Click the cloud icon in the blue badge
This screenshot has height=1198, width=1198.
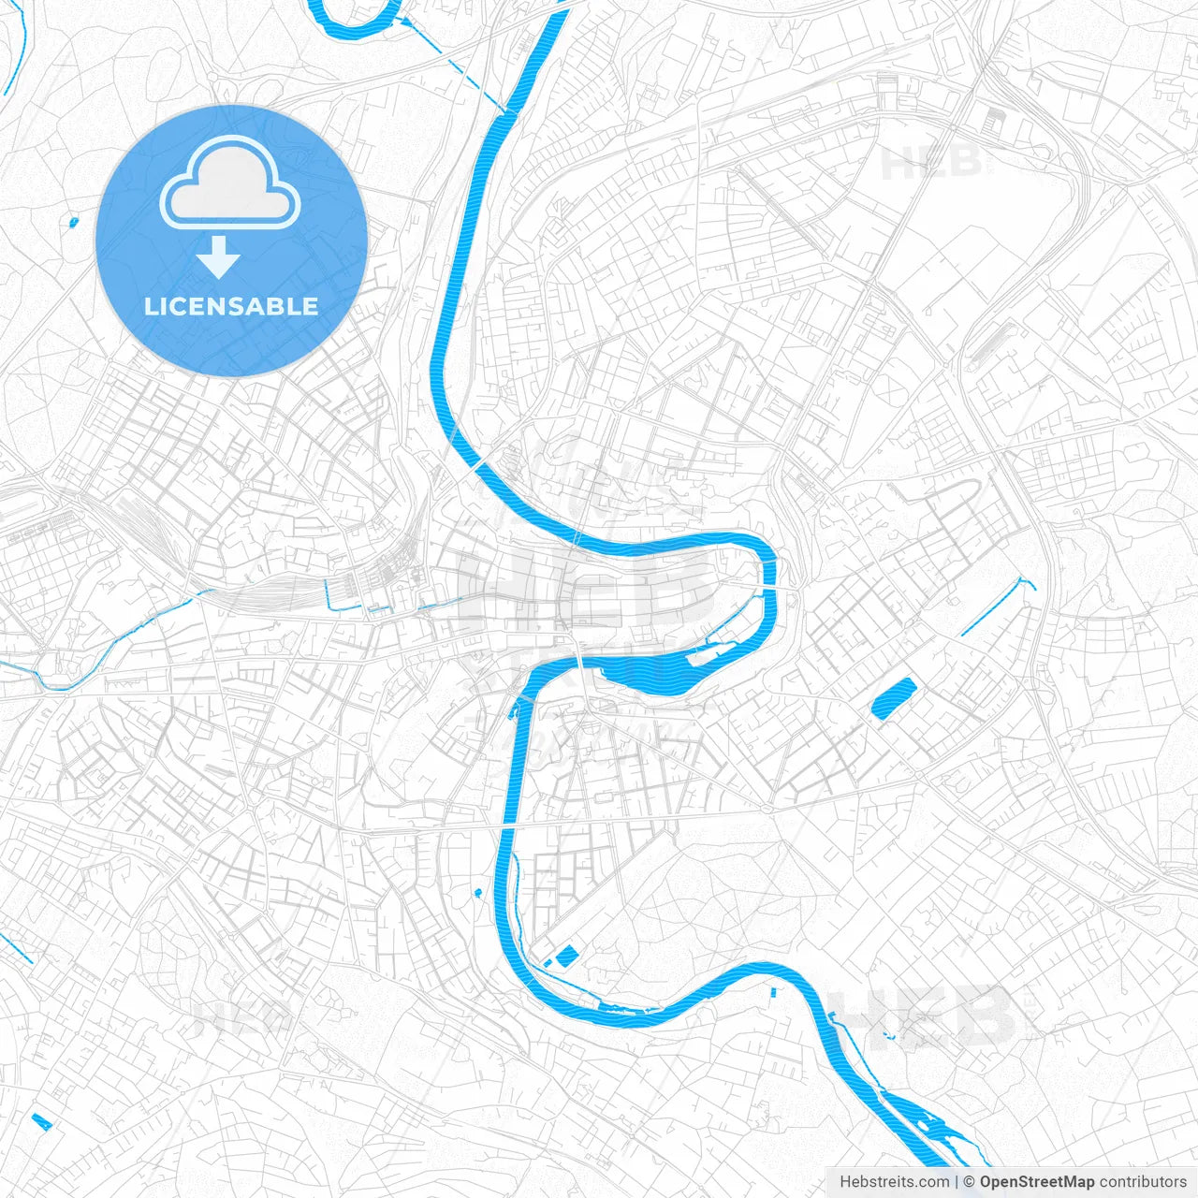point(230,183)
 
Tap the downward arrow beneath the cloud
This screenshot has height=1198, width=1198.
point(218,257)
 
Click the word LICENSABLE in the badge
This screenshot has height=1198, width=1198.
point(230,306)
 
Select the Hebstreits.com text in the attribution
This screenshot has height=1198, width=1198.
point(894,1182)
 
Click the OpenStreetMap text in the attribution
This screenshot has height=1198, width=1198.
point(1037,1182)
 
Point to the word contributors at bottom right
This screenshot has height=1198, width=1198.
point(1143,1182)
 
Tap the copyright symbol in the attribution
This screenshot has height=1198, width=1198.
point(970,1182)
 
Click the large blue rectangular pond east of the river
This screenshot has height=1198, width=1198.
point(893,698)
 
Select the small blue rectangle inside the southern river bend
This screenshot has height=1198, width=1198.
point(567,956)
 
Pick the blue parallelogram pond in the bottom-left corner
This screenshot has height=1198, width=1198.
point(42,1120)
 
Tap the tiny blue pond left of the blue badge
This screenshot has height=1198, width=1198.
point(74,222)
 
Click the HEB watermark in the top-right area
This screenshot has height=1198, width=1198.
point(931,164)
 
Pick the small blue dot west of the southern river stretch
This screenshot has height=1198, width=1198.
point(478,892)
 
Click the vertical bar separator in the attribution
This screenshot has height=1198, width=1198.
point(957,1182)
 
